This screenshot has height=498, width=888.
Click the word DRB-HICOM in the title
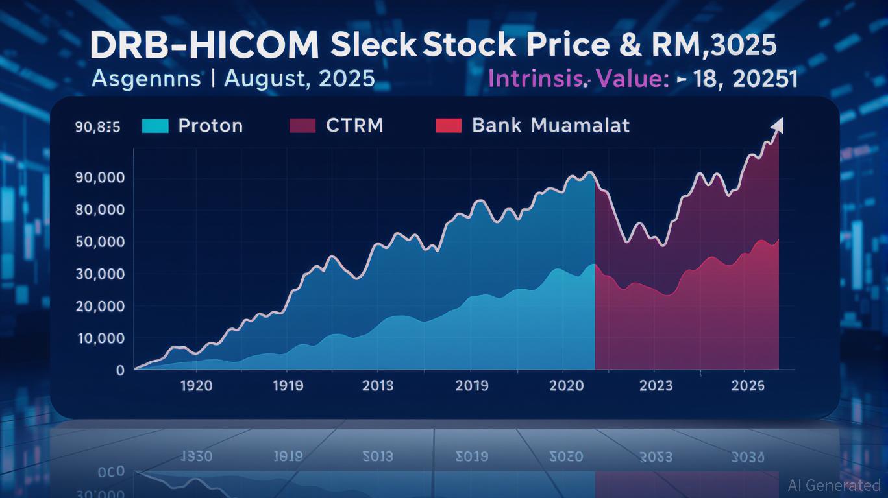(x=204, y=47)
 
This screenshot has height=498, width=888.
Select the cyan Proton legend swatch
(x=154, y=125)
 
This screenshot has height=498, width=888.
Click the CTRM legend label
(x=354, y=125)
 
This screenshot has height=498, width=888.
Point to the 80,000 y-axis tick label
(x=100, y=210)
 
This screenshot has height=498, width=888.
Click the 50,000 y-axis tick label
(x=100, y=242)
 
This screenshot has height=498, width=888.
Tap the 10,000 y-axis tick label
(x=100, y=338)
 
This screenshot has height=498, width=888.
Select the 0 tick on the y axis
(x=120, y=370)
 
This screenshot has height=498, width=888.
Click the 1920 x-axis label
(x=195, y=386)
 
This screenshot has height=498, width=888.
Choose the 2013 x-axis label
(x=377, y=386)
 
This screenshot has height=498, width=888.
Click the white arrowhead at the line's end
(x=778, y=124)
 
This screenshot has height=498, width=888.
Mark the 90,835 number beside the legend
(x=97, y=127)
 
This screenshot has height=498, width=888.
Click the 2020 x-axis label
(x=566, y=386)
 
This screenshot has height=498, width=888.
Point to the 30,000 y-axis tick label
(x=100, y=274)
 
